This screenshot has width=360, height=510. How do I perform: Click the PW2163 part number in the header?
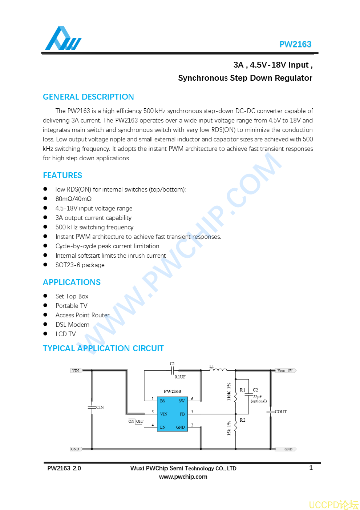[x=295, y=44]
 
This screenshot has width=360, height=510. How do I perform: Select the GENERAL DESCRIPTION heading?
[x=88, y=97]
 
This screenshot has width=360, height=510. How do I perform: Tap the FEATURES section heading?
[x=62, y=176]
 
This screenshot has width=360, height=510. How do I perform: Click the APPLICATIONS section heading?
[x=72, y=282]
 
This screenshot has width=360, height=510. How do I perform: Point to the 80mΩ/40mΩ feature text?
[x=73, y=199]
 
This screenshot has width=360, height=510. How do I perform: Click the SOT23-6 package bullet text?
[x=80, y=265]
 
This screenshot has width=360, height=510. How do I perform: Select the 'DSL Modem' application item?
[x=72, y=325]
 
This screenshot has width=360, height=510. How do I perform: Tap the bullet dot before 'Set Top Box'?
[x=45, y=296]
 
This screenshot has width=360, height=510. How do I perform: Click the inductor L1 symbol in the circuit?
[x=218, y=370]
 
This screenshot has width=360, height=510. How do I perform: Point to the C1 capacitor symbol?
[x=173, y=370]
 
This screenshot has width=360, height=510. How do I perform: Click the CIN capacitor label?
[x=100, y=407]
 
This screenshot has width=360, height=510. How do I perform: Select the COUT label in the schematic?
[x=281, y=412]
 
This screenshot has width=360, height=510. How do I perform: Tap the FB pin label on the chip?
[x=182, y=414]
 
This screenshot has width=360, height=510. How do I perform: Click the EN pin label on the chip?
[x=163, y=427]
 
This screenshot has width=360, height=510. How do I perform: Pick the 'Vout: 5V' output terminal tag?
[x=286, y=371]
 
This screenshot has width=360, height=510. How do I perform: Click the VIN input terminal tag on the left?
[x=76, y=371]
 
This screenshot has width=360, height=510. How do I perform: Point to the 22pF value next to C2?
[x=257, y=397]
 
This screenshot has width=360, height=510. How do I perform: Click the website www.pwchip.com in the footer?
[x=183, y=477]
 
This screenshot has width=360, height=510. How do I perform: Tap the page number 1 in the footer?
[x=311, y=468]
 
